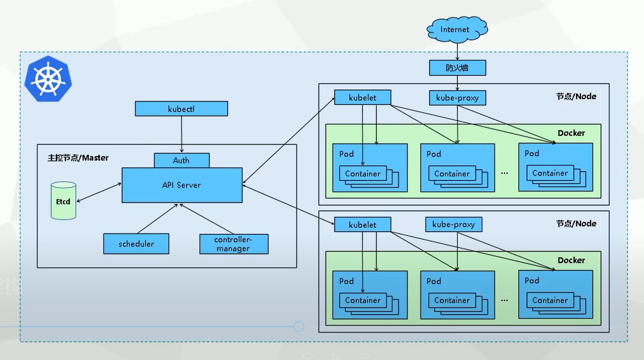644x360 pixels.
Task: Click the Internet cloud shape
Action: click(457, 30)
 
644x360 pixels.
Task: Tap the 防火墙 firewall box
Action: click(457, 68)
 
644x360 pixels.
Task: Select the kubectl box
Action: click(181, 109)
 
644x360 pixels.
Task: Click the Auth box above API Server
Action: click(181, 161)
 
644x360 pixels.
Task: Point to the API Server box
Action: click(182, 185)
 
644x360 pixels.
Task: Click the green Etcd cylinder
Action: click(63, 201)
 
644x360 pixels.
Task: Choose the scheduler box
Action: click(136, 244)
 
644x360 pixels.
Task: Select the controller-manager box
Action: click(233, 244)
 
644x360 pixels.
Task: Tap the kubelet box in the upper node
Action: click(362, 97)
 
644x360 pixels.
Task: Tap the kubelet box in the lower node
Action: click(362, 225)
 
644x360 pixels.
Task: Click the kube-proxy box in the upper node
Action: click(457, 98)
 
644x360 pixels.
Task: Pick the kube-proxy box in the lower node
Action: click(453, 225)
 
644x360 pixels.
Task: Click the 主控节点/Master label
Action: click(78, 158)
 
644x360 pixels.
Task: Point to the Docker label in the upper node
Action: click(571, 133)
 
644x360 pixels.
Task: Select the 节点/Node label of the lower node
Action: click(576, 224)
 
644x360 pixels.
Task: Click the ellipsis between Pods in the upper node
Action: click(504, 173)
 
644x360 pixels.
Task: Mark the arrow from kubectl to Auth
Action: click(181, 135)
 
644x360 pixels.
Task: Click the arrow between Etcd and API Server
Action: click(99, 192)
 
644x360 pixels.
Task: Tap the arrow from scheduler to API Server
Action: click(157, 218)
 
